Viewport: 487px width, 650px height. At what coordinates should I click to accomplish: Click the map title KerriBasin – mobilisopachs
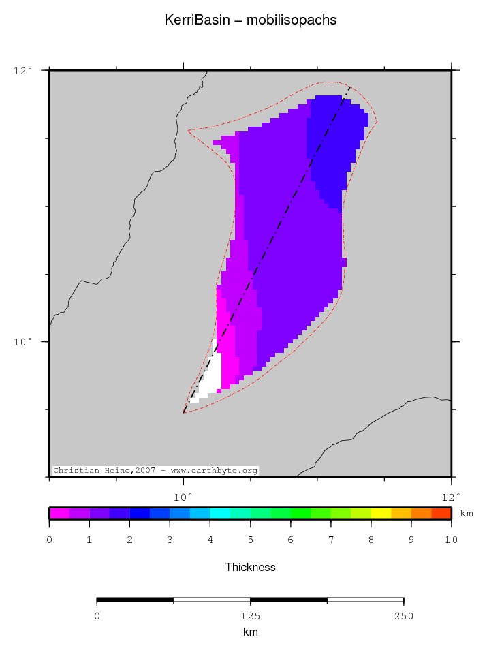click(251, 20)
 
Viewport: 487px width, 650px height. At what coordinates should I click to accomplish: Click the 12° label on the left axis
click(22, 70)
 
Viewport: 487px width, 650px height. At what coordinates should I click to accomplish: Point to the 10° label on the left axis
click(22, 342)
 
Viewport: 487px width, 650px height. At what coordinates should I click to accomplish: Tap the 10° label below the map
click(184, 496)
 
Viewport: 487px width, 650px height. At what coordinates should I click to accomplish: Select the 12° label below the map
click(452, 496)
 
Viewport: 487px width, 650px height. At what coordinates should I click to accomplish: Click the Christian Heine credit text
click(155, 471)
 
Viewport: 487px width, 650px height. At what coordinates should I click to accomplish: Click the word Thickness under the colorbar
click(251, 567)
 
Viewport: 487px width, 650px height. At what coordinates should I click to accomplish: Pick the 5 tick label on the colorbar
click(251, 540)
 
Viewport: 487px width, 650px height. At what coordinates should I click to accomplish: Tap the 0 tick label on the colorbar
click(49, 540)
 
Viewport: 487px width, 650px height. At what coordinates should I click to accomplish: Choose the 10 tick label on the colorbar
click(451, 540)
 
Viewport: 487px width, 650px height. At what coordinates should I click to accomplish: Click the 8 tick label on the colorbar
click(371, 540)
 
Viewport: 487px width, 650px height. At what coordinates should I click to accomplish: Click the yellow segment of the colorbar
click(381, 513)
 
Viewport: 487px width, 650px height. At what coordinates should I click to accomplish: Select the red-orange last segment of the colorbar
click(441, 513)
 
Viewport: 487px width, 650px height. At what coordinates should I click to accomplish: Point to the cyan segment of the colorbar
click(220, 513)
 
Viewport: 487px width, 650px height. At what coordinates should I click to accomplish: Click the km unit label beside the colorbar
click(467, 513)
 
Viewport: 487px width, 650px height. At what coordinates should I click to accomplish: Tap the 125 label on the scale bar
click(251, 617)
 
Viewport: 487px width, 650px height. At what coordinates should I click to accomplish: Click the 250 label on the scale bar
click(404, 617)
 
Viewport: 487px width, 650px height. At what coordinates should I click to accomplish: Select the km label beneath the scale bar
click(251, 632)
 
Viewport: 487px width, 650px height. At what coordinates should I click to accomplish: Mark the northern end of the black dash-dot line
click(350, 87)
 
